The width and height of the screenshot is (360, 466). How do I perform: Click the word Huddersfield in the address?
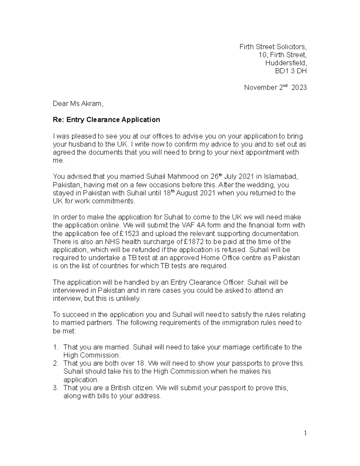pyautogui.click(x=286, y=63)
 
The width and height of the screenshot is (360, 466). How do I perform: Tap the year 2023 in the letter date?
pyautogui.click(x=299, y=88)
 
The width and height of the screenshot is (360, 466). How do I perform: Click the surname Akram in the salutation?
pyautogui.click(x=91, y=104)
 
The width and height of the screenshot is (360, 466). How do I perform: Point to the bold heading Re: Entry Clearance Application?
pyautogui.click(x=106, y=120)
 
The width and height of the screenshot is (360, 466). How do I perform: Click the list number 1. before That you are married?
pyautogui.click(x=55, y=347)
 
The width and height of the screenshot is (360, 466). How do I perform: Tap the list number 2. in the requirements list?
pyautogui.click(x=55, y=363)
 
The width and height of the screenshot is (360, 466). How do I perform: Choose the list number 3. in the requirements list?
pyautogui.click(x=55, y=388)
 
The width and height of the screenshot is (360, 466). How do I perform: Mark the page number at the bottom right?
pyautogui.click(x=305, y=433)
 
